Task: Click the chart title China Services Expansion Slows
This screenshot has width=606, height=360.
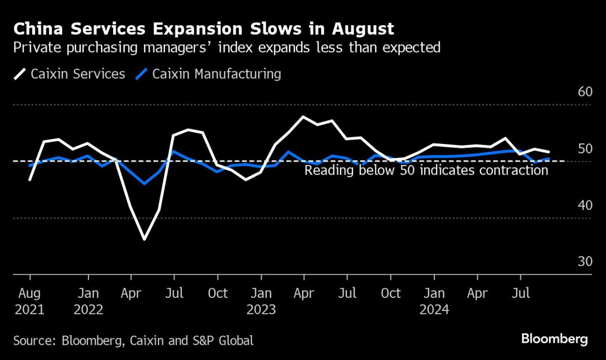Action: pyautogui.click(x=204, y=29)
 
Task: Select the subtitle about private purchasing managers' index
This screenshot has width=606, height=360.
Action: pyautogui.click(x=227, y=48)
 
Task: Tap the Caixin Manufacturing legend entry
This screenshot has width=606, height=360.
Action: pyautogui.click(x=209, y=74)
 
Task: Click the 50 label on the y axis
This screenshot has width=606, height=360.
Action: pyautogui.click(x=584, y=149)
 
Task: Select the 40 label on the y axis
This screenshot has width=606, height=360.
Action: pyautogui.click(x=584, y=205)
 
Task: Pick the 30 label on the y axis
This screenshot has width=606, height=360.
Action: pyautogui.click(x=584, y=262)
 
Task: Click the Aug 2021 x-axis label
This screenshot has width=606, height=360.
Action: pyautogui.click(x=30, y=301)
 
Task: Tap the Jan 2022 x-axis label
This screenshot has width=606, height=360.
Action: pyautogui.click(x=88, y=301)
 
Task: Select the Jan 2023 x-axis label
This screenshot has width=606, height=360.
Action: pyautogui.click(x=261, y=301)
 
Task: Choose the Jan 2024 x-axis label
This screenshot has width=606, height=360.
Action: pyautogui.click(x=434, y=301)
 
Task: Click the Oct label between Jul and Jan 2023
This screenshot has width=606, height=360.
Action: pyautogui.click(x=218, y=293)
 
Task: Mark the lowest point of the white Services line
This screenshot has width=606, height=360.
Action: pyautogui.click(x=144, y=239)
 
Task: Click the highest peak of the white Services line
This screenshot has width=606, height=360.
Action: pyautogui.click(x=302, y=117)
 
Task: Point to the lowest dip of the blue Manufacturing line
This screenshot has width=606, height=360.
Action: pyautogui.click(x=144, y=183)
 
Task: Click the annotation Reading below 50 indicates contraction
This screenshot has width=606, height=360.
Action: pyautogui.click(x=426, y=170)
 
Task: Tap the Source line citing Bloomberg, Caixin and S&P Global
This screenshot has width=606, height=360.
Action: pyautogui.click(x=133, y=340)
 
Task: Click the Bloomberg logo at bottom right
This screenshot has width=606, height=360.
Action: pyautogui.click(x=554, y=339)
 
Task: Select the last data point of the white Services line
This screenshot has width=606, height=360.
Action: pyautogui.click(x=549, y=151)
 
